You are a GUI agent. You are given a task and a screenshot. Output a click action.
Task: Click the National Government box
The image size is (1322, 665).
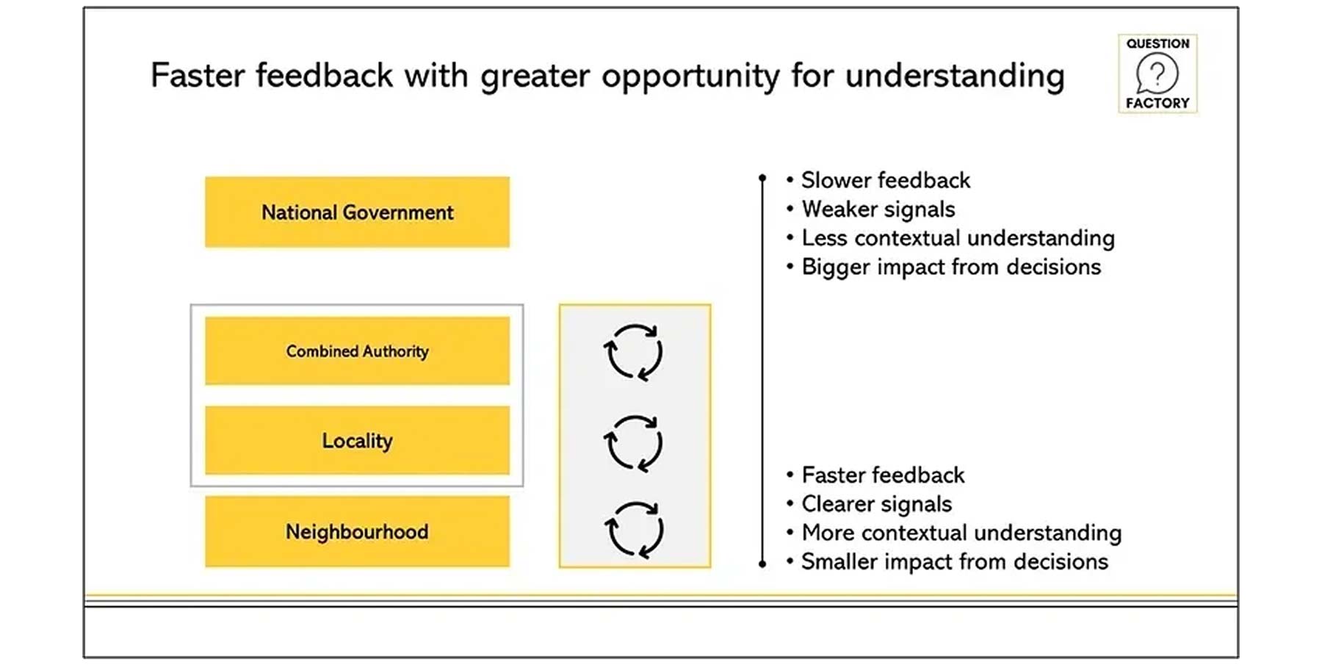357,212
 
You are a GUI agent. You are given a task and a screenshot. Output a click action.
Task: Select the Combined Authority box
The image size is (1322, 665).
357,351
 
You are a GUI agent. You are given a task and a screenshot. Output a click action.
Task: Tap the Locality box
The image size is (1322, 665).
357,440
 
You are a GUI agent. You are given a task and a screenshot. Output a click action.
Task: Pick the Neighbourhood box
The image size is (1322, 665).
357,531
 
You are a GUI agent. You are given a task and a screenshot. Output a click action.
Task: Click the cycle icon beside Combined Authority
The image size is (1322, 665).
633,352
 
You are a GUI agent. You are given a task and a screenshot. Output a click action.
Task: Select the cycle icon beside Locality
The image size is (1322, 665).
633,442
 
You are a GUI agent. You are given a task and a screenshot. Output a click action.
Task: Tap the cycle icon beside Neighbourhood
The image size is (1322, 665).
634,529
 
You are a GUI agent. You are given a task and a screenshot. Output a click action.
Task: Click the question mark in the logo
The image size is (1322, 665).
1157,73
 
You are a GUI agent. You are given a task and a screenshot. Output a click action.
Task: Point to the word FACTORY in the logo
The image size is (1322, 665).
1157,103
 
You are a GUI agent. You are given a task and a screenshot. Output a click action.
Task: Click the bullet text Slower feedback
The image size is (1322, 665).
885,180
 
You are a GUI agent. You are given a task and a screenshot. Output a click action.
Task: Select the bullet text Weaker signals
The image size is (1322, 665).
878,209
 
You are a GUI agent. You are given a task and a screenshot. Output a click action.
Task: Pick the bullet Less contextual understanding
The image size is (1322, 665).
958,238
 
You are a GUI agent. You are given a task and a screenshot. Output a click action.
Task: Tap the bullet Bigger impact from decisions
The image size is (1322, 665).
951,267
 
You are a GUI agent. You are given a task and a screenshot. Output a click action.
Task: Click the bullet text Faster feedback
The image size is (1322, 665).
883,475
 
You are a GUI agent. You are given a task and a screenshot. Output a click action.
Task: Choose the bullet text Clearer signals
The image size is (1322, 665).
876,504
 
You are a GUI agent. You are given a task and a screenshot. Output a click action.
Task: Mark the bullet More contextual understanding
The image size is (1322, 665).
961,533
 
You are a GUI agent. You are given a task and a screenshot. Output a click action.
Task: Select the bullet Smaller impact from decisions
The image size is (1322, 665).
954,561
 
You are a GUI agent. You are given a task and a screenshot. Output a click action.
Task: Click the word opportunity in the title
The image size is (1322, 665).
690,76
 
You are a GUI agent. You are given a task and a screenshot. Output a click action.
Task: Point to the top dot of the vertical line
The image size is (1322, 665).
762,178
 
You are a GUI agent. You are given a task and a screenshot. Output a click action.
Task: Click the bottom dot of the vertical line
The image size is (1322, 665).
762,564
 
